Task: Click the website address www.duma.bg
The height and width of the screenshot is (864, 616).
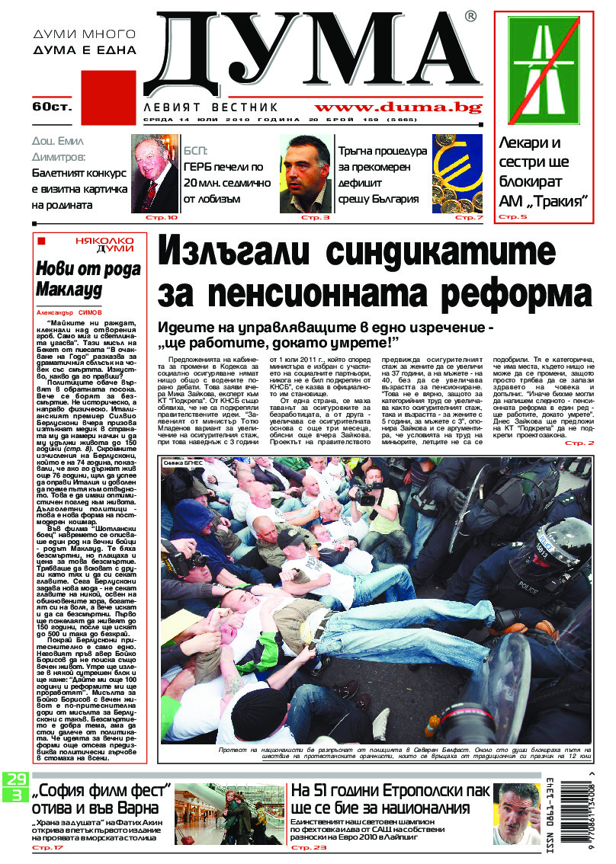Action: coord(398,108)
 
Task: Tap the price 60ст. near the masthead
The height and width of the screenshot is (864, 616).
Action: coord(52,106)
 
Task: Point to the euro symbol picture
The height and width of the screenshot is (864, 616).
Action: coord(457,173)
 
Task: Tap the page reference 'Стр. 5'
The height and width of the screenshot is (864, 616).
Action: coord(513,217)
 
